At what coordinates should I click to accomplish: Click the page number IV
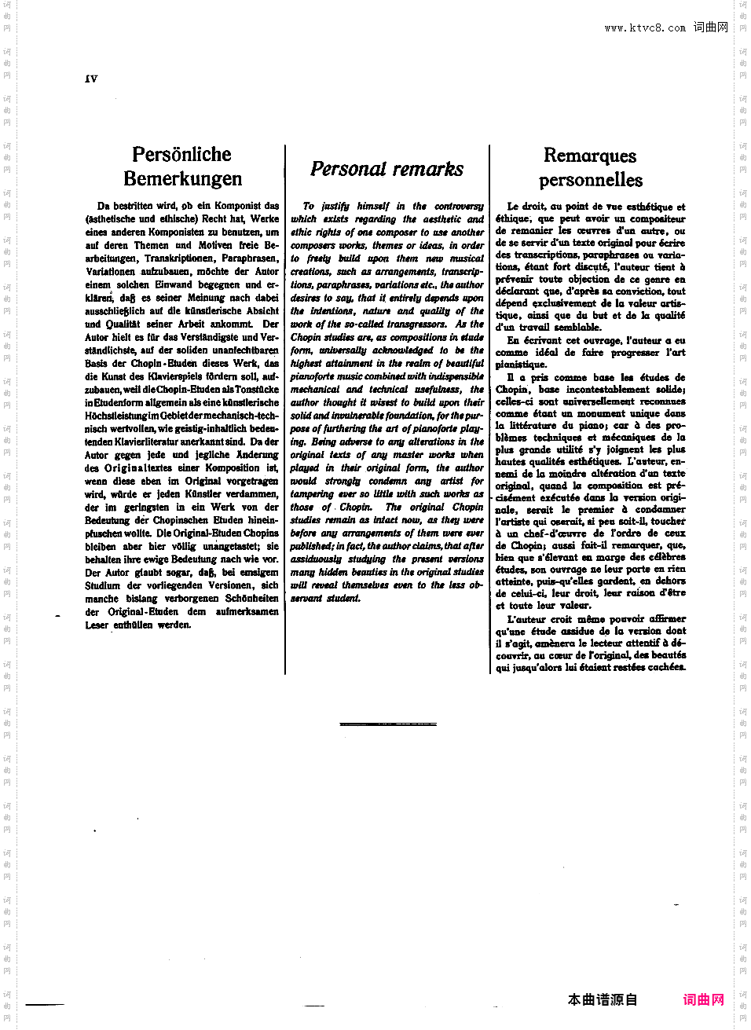91,79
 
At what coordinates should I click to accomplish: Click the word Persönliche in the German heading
181,154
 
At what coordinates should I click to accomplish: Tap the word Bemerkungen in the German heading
182,178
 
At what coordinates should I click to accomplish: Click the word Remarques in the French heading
590,156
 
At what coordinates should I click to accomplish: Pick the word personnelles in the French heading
591,180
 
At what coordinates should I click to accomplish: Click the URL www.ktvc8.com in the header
645,28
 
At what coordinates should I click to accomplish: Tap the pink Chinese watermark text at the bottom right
703,1000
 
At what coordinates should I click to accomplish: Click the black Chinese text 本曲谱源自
603,1000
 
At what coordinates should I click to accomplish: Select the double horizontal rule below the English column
388,724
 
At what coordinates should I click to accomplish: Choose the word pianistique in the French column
521,365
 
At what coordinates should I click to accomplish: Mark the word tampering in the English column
312,494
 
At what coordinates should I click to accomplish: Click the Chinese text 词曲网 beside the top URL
710,27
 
